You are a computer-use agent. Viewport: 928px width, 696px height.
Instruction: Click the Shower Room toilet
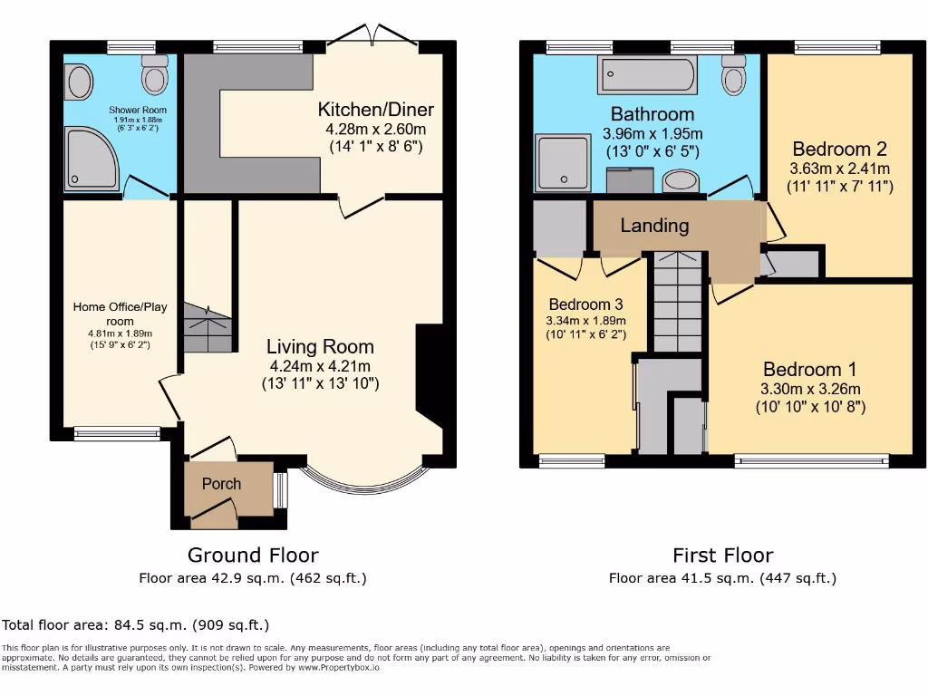(155, 75)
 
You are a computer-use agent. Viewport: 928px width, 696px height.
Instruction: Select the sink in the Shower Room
(80, 82)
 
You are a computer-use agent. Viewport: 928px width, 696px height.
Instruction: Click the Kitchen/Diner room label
(375, 110)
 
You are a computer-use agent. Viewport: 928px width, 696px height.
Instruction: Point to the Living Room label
(320, 346)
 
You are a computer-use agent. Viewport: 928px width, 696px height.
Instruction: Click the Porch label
(221, 484)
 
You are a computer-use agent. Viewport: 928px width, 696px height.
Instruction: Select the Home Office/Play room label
(120, 314)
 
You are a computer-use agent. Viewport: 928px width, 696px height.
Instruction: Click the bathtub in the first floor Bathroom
(646, 74)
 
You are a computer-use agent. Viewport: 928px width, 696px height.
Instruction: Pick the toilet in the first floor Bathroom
(734, 75)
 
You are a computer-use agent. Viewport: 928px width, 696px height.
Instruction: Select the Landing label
(654, 226)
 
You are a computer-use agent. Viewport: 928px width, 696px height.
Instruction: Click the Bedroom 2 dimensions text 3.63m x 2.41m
(839, 169)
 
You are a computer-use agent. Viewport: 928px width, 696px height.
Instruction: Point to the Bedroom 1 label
(809, 369)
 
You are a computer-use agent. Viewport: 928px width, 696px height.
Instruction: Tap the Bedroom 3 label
(585, 304)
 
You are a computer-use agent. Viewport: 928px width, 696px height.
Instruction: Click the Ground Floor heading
(253, 555)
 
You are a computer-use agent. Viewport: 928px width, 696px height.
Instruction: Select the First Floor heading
(722, 555)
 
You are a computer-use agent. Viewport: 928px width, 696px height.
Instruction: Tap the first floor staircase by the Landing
(678, 304)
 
